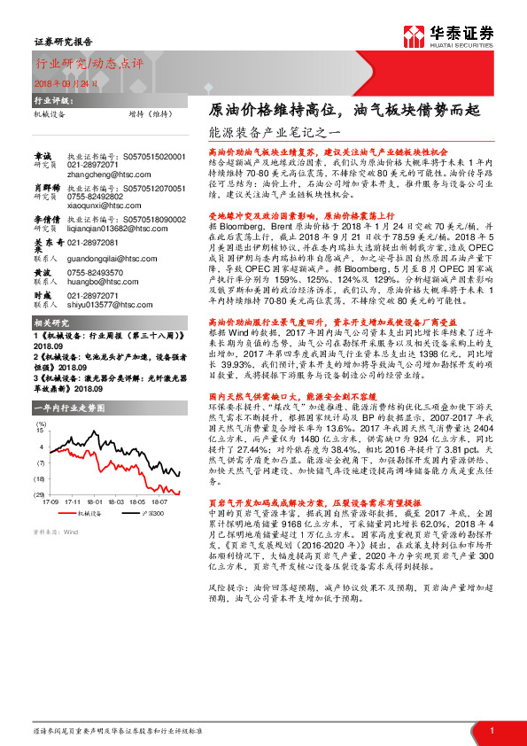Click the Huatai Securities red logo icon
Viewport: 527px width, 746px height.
coord(414,35)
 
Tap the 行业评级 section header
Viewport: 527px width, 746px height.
coord(50,102)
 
